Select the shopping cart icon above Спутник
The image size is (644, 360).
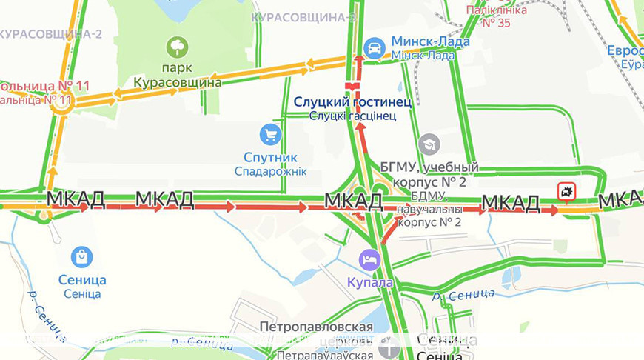[270, 135]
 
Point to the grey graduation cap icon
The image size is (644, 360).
[429, 144]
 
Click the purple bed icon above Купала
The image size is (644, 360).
[369, 260]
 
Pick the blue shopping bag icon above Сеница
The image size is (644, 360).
[81, 257]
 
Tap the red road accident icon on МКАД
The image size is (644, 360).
[567, 192]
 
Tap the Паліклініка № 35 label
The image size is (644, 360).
[498, 16]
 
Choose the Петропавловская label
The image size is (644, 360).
[316, 327]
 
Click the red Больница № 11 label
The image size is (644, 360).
[44, 85]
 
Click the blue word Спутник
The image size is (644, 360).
[270, 157]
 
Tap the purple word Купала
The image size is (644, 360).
[369, 282]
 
